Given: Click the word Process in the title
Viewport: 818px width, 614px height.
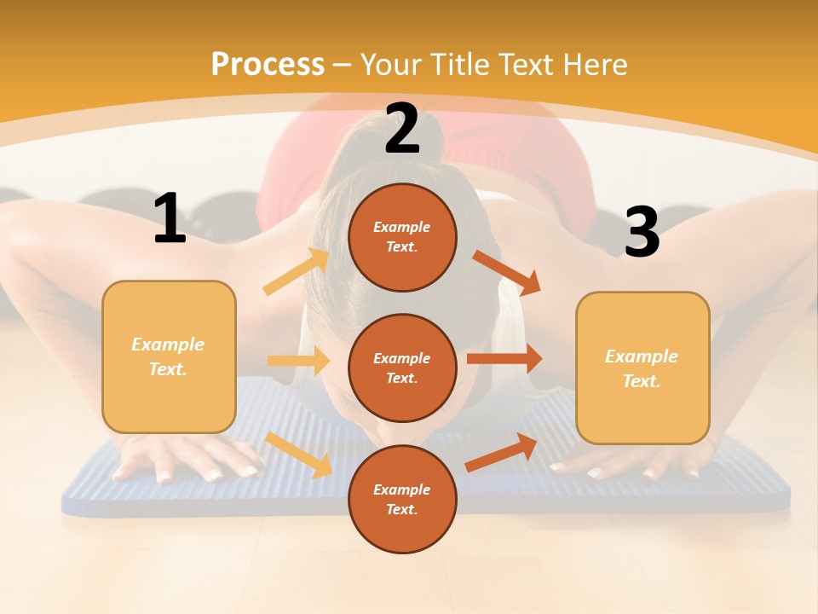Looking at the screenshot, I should click(268, 64).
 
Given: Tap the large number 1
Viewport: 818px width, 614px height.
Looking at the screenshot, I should click(170, 219).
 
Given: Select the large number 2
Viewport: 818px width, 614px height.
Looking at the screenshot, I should click(402, 129).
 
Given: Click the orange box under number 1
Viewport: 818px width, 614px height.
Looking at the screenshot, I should click(169, 356).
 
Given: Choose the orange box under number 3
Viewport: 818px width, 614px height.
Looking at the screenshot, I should click(642, 368).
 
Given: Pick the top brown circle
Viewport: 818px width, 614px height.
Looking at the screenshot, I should click(402, 237).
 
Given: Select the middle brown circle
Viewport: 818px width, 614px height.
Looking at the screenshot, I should click(402, 368).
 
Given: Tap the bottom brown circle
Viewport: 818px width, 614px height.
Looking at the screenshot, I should click(402, 500).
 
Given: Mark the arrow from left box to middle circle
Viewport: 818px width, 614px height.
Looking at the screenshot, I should click(298, 361).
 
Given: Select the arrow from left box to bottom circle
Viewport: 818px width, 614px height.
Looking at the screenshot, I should click(300, 455).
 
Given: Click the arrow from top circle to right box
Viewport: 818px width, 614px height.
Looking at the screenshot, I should click(507, 273).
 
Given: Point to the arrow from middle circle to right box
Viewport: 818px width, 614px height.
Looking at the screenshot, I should click(504, 358).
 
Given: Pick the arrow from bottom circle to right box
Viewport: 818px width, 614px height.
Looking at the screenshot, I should click(502, 452).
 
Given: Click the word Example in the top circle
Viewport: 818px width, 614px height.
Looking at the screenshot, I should click(402, 227).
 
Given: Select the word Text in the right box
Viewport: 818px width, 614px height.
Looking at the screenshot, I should click(640, 381).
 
